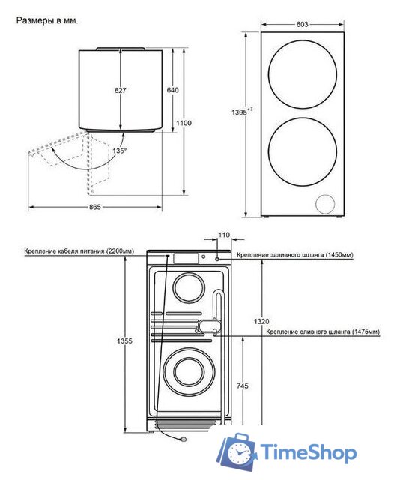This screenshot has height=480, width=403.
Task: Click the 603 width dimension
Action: click(x=302, y=25)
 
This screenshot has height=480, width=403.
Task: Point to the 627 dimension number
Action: click(x=120, y=90)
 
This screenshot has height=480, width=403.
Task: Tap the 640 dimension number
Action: click(x=172, y=90)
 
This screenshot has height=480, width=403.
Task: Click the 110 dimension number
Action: click(x=223, y=236)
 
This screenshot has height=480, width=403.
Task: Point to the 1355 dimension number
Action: click(x=125, y=341)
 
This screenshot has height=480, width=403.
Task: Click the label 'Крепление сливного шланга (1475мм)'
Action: click(x=322, y=331)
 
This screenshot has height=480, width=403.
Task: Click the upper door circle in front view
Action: click(x=302, y=73)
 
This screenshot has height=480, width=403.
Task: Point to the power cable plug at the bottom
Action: click(x=181, y=441)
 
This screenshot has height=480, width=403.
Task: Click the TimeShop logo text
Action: click(x=309, y=452)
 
